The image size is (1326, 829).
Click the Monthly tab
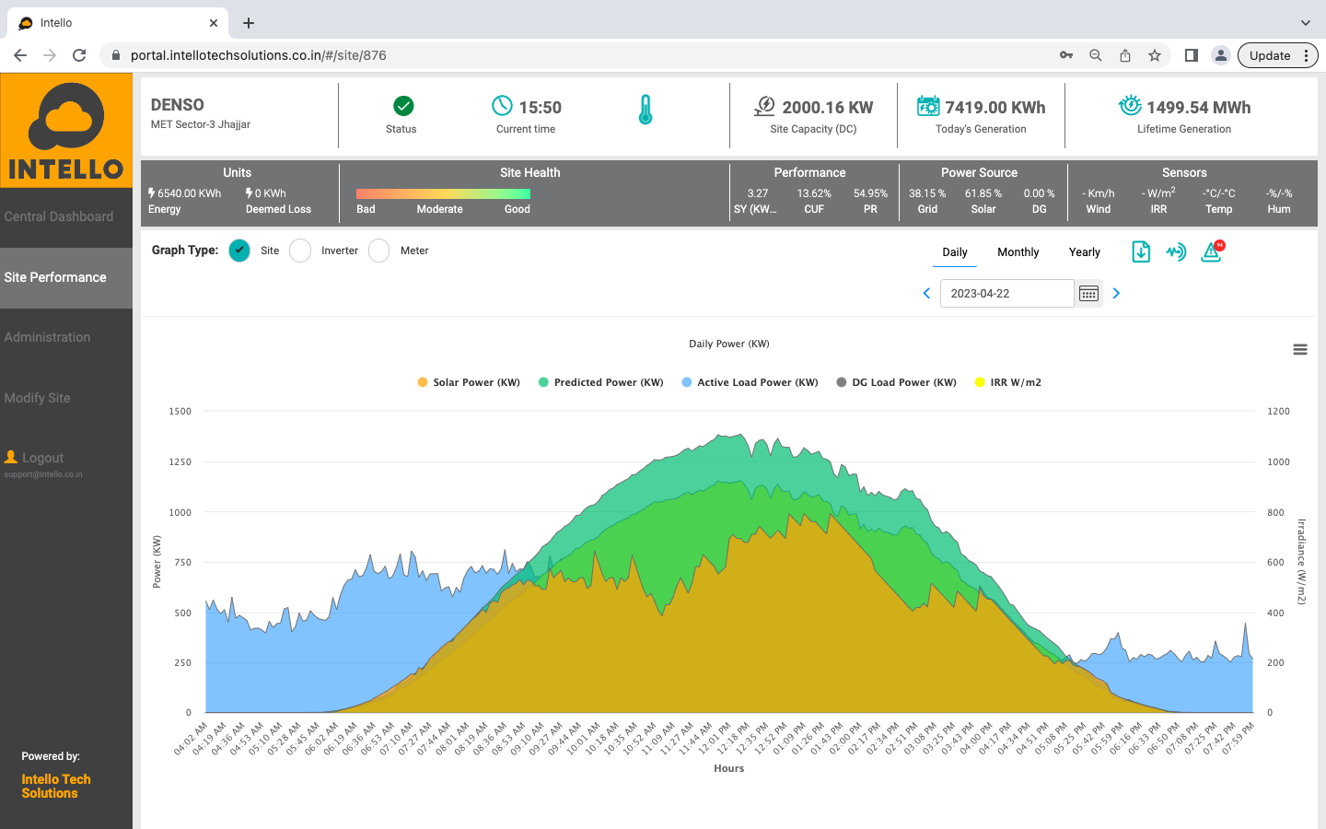(1018, 252)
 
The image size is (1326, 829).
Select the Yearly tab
(1084, 252)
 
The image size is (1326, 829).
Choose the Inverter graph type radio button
(300, 251)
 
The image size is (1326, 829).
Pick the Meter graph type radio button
(379, 251)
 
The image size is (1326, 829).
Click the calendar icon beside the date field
(1088, 294)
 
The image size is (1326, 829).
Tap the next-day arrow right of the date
(1116, 294)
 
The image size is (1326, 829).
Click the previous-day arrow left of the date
(926, 294)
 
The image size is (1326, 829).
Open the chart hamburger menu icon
(1300, 350)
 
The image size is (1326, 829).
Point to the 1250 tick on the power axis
(180, 462)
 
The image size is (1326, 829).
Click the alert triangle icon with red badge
(1211, 251)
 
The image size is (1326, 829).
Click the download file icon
(1141, 251)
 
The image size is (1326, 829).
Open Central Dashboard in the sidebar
(59, 216)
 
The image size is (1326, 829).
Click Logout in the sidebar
(42, 458)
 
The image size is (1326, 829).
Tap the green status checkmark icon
(403, 106)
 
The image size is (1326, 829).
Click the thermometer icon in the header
(646, 110)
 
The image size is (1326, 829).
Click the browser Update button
(1269, 55)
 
